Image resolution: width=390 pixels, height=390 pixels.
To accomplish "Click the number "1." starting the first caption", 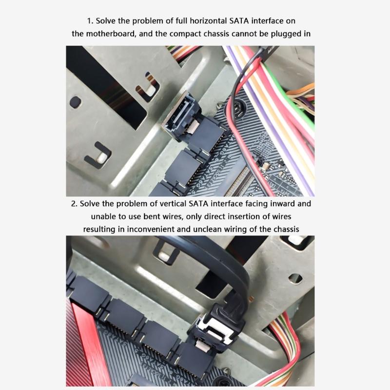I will [x=90, y=21].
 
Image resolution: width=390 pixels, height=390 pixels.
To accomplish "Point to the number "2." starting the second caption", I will [x=74, y=203].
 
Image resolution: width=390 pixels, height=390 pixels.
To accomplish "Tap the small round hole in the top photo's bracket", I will [x=75, y=102].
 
